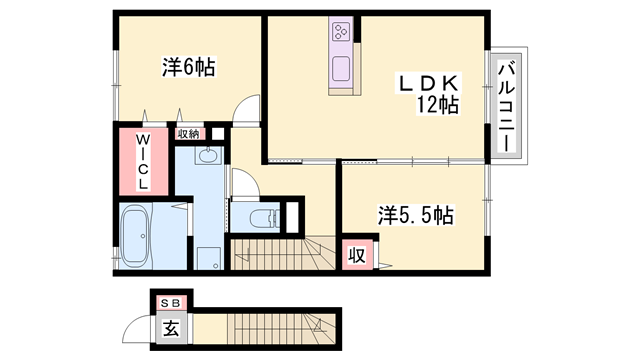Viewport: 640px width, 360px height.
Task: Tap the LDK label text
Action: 429,82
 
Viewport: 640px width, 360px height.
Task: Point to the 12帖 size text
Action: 437,104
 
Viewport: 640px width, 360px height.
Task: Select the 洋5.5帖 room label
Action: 416,215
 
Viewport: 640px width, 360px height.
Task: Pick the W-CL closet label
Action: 143,162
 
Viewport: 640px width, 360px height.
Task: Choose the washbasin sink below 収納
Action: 207,155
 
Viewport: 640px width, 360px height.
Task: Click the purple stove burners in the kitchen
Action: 340,33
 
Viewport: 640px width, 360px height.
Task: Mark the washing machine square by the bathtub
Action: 207,257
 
